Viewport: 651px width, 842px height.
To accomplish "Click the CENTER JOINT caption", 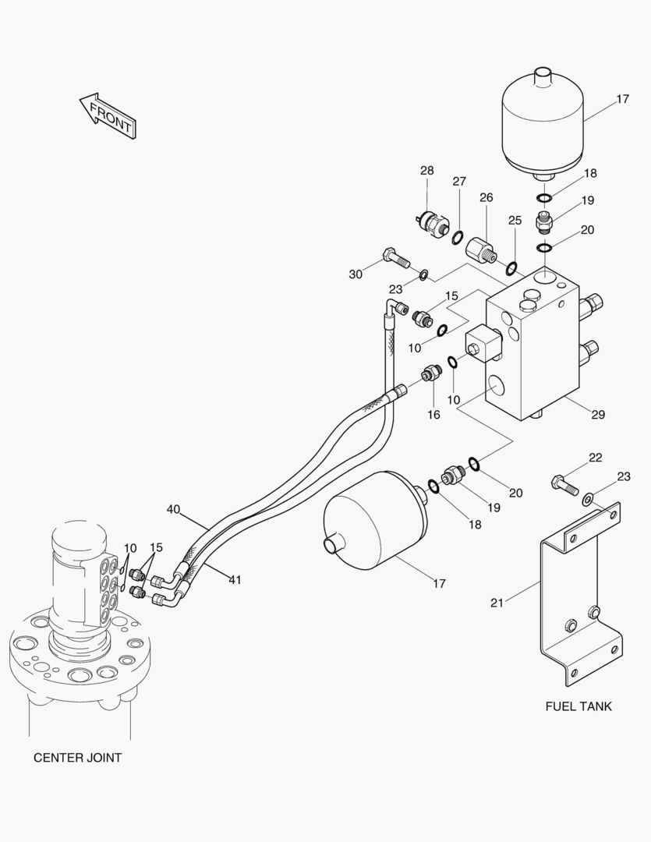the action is coord(77,758).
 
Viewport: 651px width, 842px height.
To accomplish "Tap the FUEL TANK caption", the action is coord(578,706).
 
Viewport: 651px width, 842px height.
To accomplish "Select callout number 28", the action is coord(427,171).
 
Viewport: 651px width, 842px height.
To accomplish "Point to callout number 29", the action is coord(598,415).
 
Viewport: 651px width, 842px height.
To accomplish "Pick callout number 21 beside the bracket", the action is coord(497,603).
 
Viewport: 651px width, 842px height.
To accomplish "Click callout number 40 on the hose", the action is coord(173,509).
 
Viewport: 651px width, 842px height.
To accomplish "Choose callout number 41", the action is coord(235,580).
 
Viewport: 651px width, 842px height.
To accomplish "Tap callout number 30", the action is coord(356,274).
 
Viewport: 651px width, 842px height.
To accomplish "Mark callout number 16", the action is coord(433,415).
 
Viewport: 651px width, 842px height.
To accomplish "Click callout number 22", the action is coord(595,458).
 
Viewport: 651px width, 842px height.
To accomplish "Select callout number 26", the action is coord(486,197).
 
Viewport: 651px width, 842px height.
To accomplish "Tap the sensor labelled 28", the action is coord(433,222).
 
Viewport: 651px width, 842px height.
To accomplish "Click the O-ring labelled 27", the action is coord(457,237).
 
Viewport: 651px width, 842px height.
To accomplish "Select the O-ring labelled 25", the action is coord(512,267).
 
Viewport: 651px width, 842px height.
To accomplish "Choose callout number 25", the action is coord(515,221).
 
